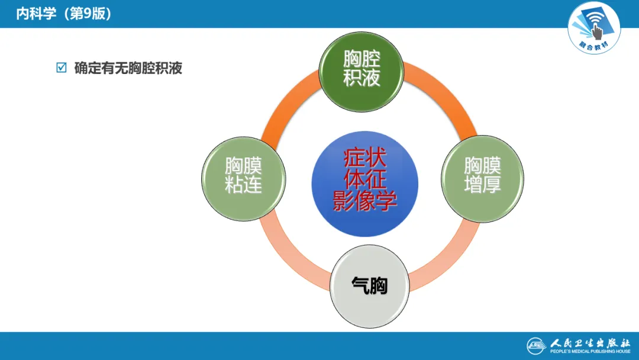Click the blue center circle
tap(364, 184)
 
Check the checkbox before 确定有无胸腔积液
tap(61, 68)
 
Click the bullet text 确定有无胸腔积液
tap(128, 68)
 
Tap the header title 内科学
tap(36, 14)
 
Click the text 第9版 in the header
tap(89, 14)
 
